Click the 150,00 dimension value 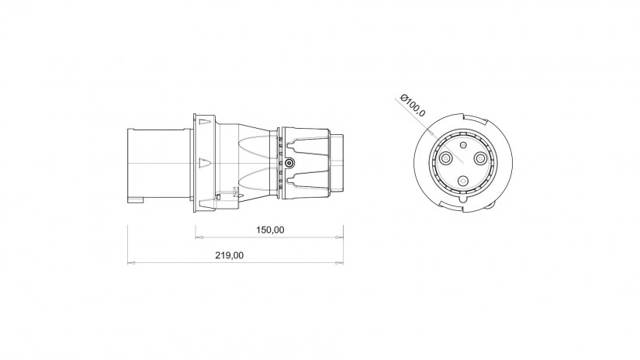(x=270, y=230)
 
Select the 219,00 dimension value (x=229, y=255)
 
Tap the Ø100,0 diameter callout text (x=413, y=105)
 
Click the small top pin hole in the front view (x=463, y=145)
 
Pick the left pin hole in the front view (x=445, y=157)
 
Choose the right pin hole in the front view (x=480, y=157)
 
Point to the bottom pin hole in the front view (x=463, y=181)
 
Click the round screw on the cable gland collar (x=289, y=163)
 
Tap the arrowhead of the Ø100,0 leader (x=432, y=132)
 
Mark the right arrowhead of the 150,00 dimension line (x=339, y=237)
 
